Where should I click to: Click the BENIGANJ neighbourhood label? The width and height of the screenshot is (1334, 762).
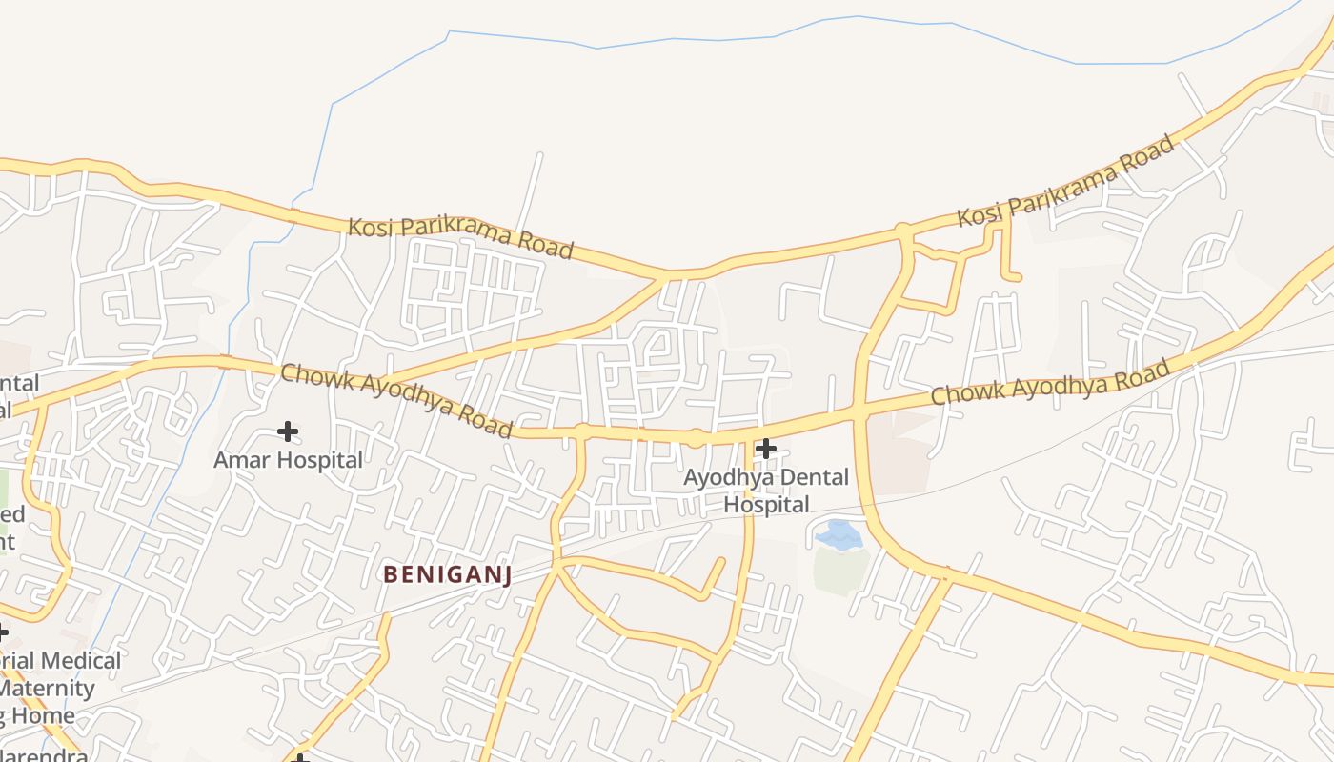(448, 573)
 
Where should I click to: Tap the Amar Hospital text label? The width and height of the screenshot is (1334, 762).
(288, 460)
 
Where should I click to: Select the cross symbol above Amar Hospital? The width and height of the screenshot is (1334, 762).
(287, 431)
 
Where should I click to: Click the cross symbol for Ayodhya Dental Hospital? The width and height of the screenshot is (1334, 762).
(765, 449)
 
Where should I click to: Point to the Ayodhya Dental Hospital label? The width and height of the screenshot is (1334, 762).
(766, 491)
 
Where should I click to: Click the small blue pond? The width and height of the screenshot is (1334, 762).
(839, 534)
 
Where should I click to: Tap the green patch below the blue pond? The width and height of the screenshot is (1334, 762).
(840, 569)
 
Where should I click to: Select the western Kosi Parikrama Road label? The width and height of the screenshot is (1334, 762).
(460, 237)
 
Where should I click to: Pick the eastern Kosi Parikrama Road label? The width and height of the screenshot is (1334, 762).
(1065, 181)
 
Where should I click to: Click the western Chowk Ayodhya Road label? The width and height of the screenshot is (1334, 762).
(395, 399)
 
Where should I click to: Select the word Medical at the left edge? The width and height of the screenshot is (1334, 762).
(81, 661)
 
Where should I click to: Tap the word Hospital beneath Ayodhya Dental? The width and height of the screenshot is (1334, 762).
(766, 505)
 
